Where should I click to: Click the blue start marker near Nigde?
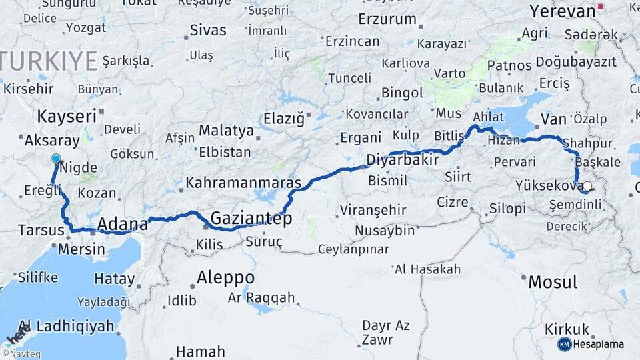(56, 159)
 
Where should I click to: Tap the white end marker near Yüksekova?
(587, 187)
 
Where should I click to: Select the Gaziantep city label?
(251, 217)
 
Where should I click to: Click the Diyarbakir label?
(403, 160)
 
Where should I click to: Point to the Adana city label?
(122, 223)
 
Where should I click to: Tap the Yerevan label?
(562, 11)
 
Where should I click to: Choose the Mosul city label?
(553, 281)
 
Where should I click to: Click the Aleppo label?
(225, 277)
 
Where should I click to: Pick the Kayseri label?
(67, 116)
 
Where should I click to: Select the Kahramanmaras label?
(243, 182)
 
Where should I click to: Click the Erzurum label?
(387, 19)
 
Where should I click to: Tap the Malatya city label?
(226, 130)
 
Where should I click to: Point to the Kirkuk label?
(567, 329)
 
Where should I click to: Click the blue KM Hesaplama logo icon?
(564, 344)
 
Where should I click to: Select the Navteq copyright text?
(21, 354)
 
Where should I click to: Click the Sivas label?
(208, 30)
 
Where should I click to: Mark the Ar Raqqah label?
(261, 298)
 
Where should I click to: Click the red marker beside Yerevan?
(601, 7)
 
